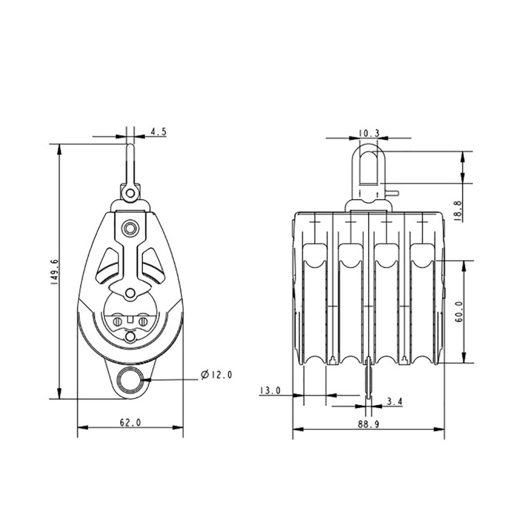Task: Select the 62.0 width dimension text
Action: pyautogui.click(x=130, y=423)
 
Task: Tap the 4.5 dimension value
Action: pyautogui.click(x=158, y=132)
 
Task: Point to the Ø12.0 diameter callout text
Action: pyautogui.click(x=216, y=375)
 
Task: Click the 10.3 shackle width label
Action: pyautogui.click(x=369, y=133)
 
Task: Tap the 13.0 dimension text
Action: pyautogui.click(x=270, y=390)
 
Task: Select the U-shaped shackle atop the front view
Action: pyautogui.click(x=369, y=169)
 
